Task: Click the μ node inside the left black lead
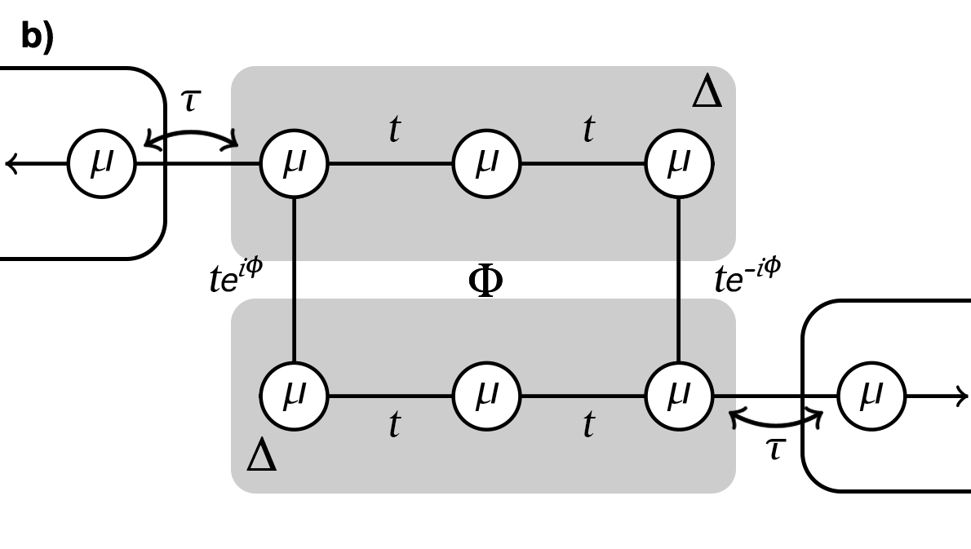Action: pyautogui.click(x=102, y=164)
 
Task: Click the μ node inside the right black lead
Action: pyautogui.click(x=871, y=396)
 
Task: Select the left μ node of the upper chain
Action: pyautogui.click(x=294, y=164)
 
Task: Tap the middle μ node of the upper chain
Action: pyautogui.click(x=486, y=164)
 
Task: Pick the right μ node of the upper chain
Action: pyautogui.click(x=679, y=164)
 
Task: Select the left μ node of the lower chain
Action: pyautogui.click(x=294, y=396)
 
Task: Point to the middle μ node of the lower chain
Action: pyautogui.click(x=486, y=396)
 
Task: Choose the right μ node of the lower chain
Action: pyautogui.click(x=679, y=396)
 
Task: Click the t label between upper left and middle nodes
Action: pyautogui.click(x=394, y=129)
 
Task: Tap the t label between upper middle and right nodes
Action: pyautogui.click(x=588, y=129)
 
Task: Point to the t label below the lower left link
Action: pyautogui.click(x=394, y=424)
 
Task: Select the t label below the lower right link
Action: pyautogui.click(x=588, y=424)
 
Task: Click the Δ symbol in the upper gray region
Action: pyautogui.click(x=707, y=91)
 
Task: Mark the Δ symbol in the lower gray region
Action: pyautogui.click(x=261, y=454)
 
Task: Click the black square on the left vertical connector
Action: pyautogui.click(x=294, y=280)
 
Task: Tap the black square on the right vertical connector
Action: pyautogui.click(x=679, y=280)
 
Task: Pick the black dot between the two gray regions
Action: pyautogui.click(x=485, y=280)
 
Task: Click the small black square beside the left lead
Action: pyautogui.click(x=191, y=101)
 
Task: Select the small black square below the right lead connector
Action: pyautogui.click(x=776, y=449)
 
